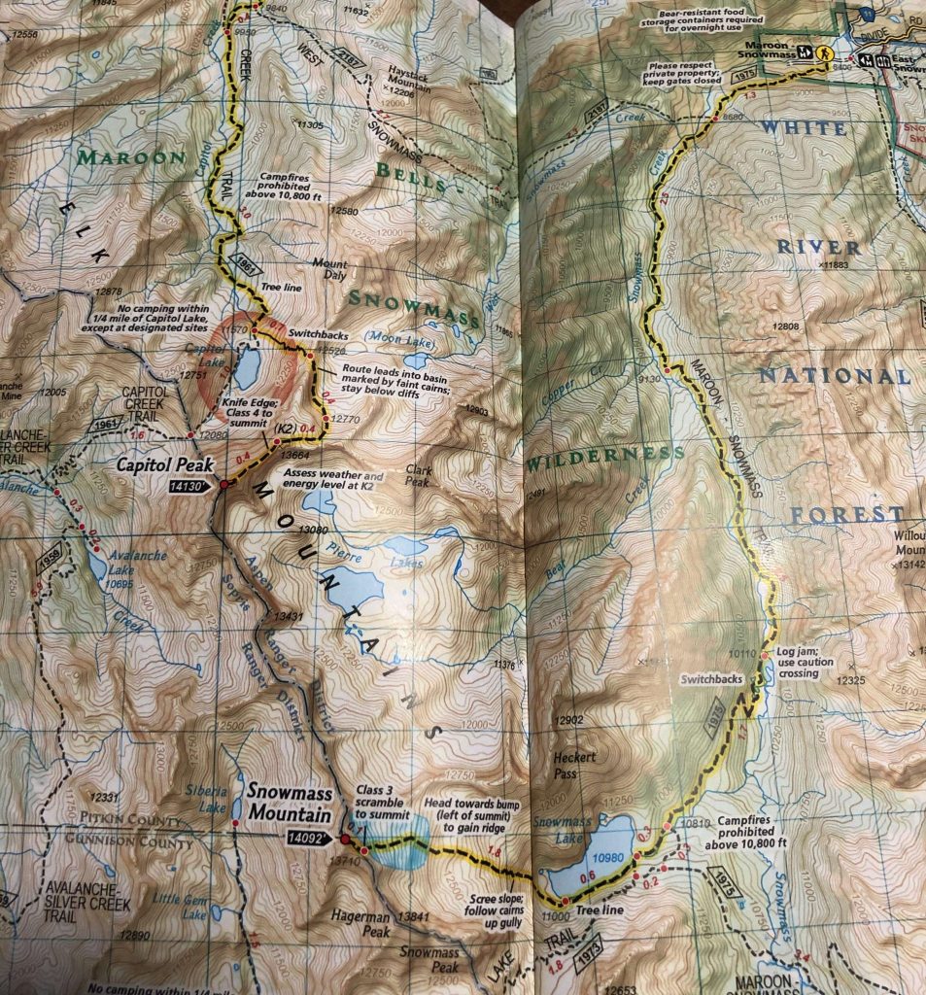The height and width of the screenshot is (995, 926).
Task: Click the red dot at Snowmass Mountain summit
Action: click(344, 839)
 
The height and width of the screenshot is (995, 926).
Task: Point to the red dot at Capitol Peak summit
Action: click(223, 484)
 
